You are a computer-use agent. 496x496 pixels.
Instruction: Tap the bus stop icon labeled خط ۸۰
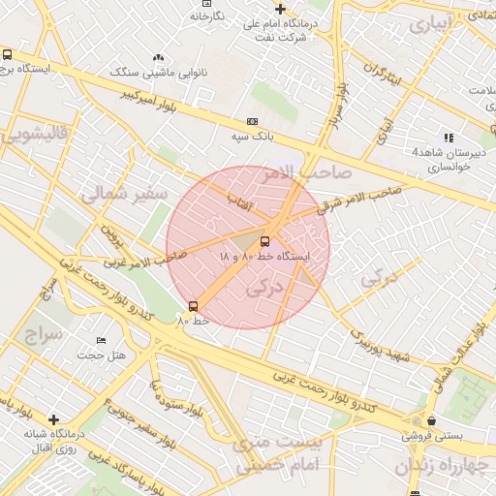(193, 306)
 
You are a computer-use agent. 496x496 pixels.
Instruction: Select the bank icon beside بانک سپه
(253, 122)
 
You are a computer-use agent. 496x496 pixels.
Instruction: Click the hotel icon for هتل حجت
(102, 341)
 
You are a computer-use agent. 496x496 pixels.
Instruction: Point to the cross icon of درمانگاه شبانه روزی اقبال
(54, 419)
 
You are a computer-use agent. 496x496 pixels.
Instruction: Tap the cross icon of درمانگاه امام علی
(280, 9)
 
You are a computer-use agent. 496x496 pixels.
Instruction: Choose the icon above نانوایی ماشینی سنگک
(159, 58)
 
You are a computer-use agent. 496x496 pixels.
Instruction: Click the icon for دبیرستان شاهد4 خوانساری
(448, 138)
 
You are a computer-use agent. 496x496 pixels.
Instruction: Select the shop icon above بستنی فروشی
(430, 421)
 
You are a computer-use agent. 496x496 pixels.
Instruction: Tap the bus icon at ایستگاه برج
(8, 55)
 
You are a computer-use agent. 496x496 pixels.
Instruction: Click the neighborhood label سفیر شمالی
(123, 194)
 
